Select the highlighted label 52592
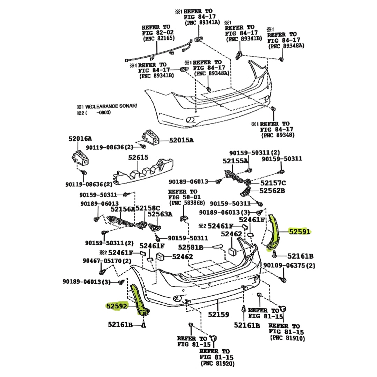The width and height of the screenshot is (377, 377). [x=117, y=306]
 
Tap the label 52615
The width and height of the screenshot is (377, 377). [x=138, y=157]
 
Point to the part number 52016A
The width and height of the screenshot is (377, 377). [x=80, y=139]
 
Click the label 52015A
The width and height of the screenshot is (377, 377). [x=181, y=140]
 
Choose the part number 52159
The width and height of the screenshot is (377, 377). [x=219, y=314]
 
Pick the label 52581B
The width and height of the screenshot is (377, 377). [x=191, y=247]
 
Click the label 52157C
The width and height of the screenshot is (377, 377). [x=273, y=183]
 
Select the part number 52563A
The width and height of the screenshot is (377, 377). [x=160, y=214]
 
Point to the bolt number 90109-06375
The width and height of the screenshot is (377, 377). [x=289, y=266]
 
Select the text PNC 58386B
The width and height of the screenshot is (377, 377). [x=183, y=203]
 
